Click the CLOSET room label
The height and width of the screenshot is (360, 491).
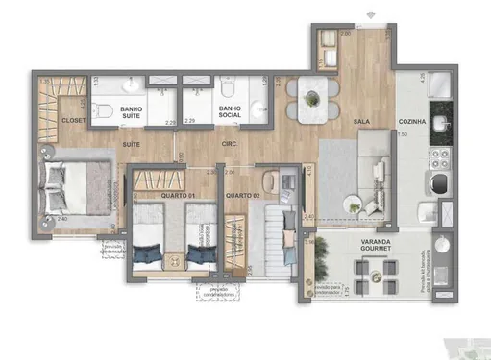pyautogui.click(x=73, y=121)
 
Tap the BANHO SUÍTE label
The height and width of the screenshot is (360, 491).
pyautogui.click(x=132, y=114)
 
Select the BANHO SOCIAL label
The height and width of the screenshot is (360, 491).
pyautogui.click(x=230, y=114)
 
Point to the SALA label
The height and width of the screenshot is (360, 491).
pyautogui.click(x=362, y=123)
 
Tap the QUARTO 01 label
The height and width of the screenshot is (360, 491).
pyautogui.click(x=178, y=196)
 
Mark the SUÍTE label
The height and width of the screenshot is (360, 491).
pyautogui.click(x=133, y=144)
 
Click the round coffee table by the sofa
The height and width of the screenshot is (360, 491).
pyautogui.click(x=353, y=204)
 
